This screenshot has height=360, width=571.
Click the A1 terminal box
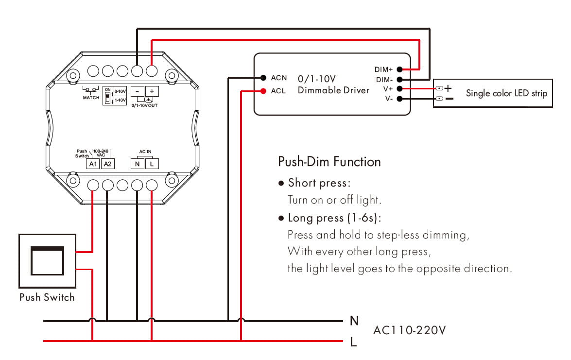click(93, 164)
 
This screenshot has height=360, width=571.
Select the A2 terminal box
click(108, 164)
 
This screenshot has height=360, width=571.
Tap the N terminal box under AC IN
click(137, 164)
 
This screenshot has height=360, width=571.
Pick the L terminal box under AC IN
click(152, 164)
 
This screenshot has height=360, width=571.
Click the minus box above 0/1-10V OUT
click(138, 91)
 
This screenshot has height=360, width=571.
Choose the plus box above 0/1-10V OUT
click(152, 91)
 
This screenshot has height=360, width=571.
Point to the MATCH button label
click(91, 98)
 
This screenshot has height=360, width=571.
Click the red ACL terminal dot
click(263, 90)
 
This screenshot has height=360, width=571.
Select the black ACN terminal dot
click(263, 77)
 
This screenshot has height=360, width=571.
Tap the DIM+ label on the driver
click(384, 70)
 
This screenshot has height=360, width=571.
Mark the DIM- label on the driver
click(384, 80)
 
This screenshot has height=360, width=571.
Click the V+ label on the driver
click(388, 89)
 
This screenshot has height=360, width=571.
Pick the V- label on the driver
click(388, 99)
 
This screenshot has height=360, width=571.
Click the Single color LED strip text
click(506, 93)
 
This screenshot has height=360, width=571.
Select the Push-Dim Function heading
click(329, 161)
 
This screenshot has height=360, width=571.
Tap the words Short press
click(319, 183)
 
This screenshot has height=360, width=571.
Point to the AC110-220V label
click(409, 330)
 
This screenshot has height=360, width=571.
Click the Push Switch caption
click(47, 297)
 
